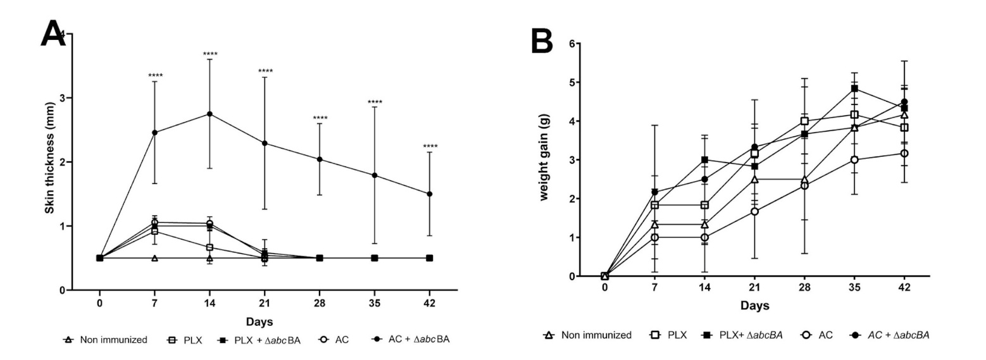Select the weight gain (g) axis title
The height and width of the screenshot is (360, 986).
(543, 159)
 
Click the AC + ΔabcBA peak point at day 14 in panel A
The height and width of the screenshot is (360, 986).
(209, 114)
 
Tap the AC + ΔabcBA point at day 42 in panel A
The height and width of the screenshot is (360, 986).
(430, 194)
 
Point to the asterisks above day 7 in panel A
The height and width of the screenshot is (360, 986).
(155, 77)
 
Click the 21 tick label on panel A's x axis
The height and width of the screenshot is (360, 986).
(265, 303)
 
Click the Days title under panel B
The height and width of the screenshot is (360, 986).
(754, 306)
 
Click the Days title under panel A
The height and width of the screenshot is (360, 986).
(259, 322)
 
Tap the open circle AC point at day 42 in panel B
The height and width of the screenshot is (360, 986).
(904, 153)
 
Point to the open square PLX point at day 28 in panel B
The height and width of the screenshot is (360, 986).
(804, 121)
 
